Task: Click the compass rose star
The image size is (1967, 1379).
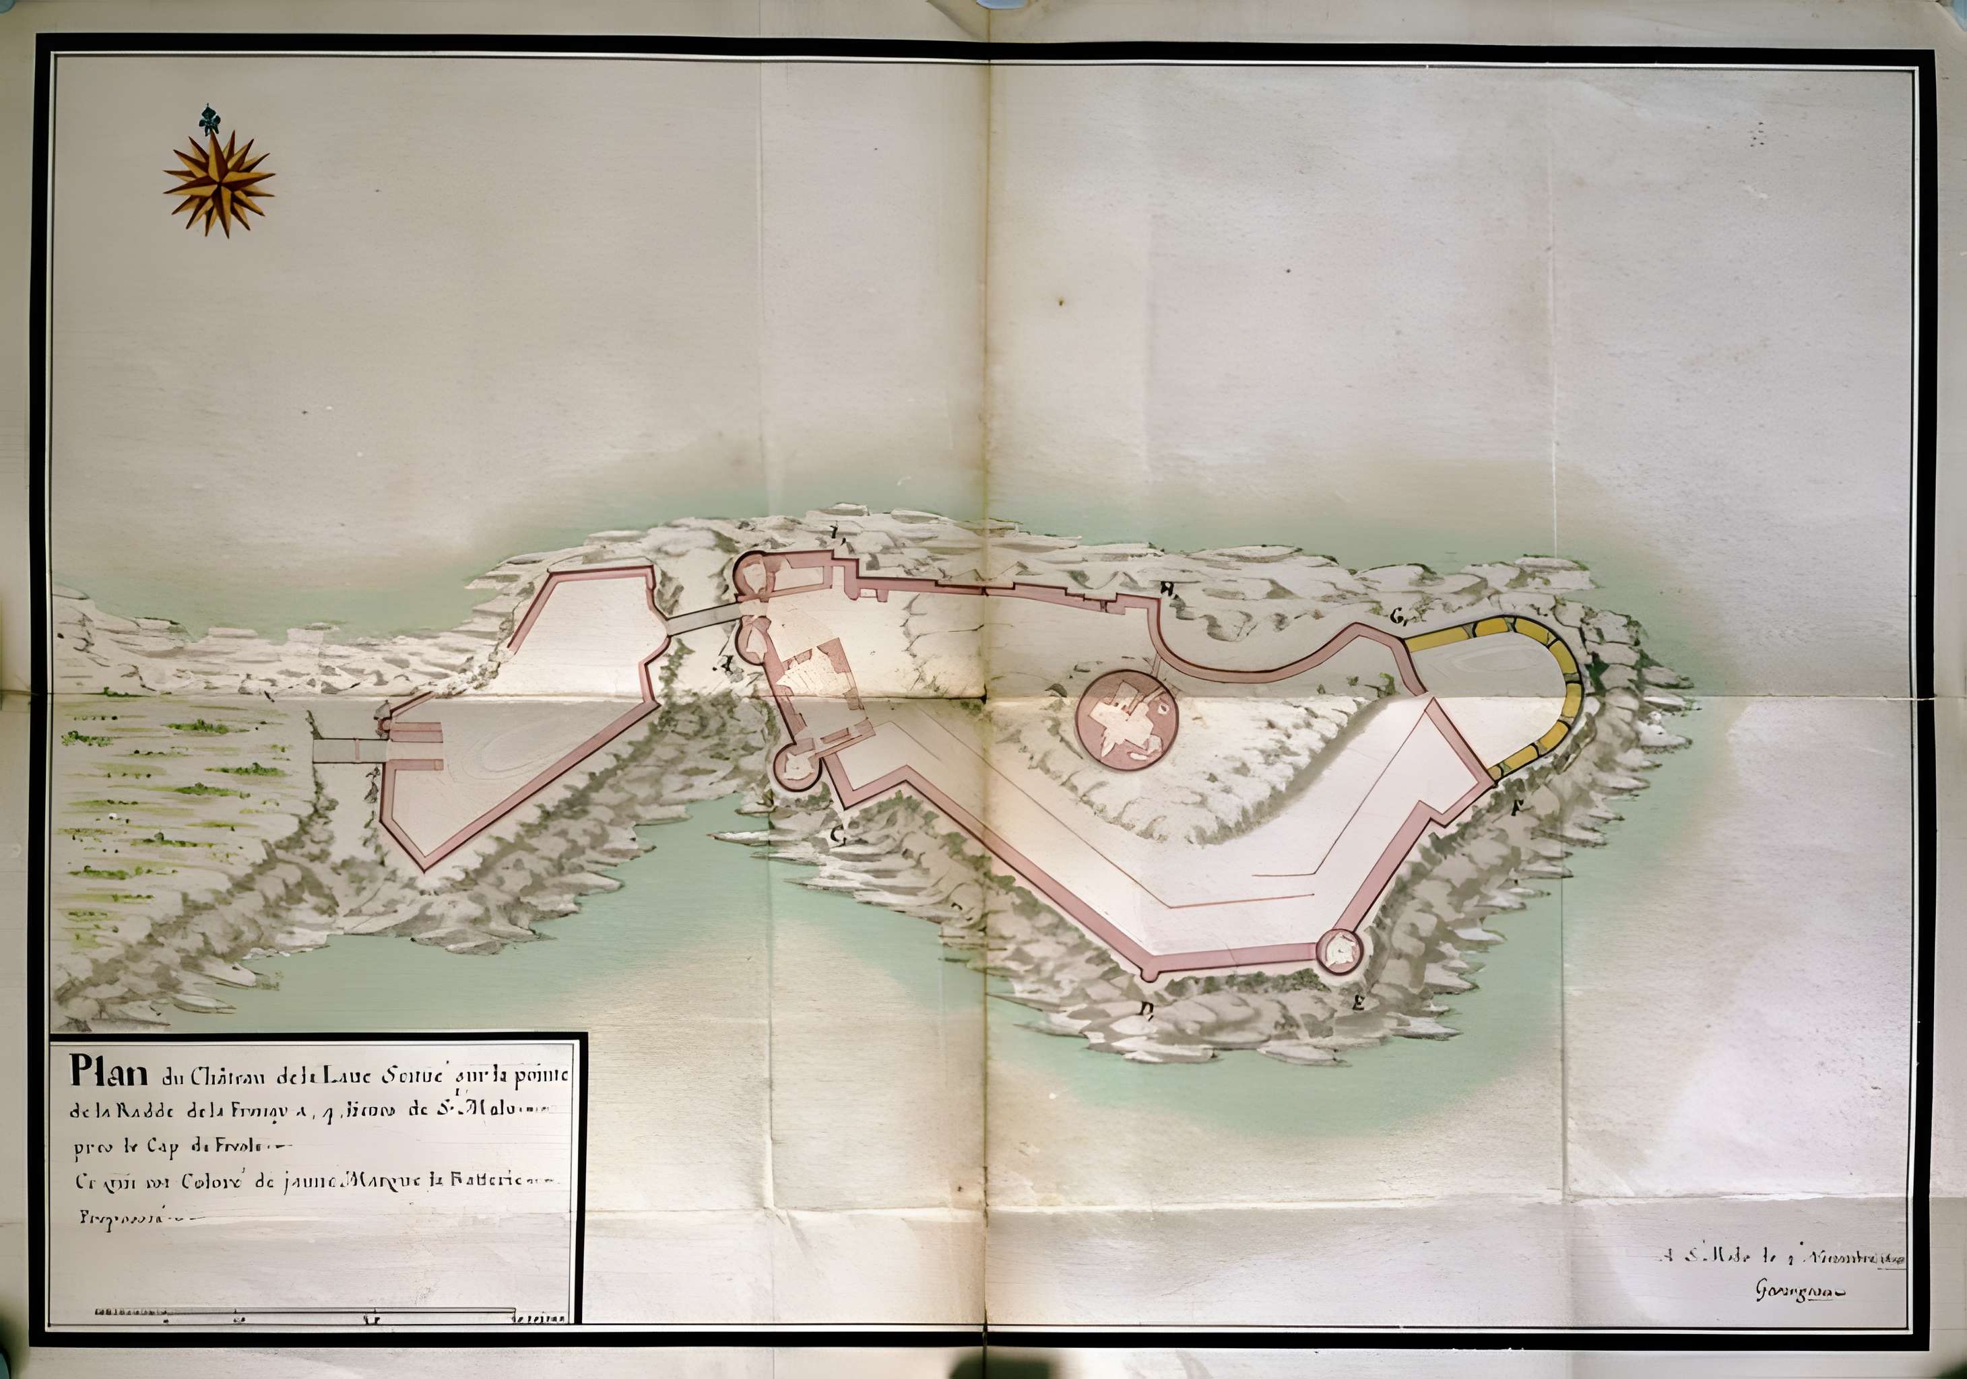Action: coord(218,182)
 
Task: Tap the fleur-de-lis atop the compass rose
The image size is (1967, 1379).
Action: coord(208,119)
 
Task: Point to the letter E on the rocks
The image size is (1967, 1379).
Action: coord(1357,1004)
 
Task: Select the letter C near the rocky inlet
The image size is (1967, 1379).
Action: coord(839,837)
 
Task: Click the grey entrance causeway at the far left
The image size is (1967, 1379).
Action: coord(347,750)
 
